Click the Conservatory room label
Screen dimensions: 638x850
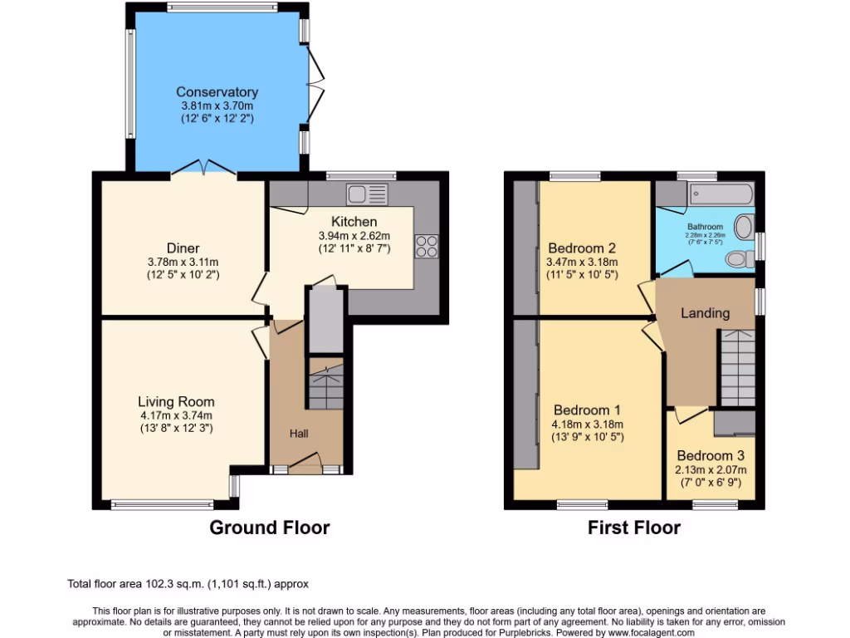[217, 92]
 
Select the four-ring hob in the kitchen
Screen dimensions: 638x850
[427, 246]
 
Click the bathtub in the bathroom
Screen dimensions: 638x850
[719, 196]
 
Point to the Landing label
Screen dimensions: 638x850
[705, 313]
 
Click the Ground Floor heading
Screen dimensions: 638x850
[269, 528]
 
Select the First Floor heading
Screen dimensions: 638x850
[634, 528]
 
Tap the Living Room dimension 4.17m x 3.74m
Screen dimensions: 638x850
[176, 415]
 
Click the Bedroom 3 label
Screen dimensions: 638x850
[710, 456]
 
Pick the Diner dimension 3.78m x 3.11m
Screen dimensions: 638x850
[183, 261]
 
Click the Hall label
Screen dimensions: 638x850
[299, 434]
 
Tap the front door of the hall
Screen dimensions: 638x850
[306, 462]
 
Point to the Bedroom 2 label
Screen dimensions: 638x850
[582, 248]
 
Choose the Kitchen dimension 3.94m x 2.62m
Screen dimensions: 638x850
[354, 235]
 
